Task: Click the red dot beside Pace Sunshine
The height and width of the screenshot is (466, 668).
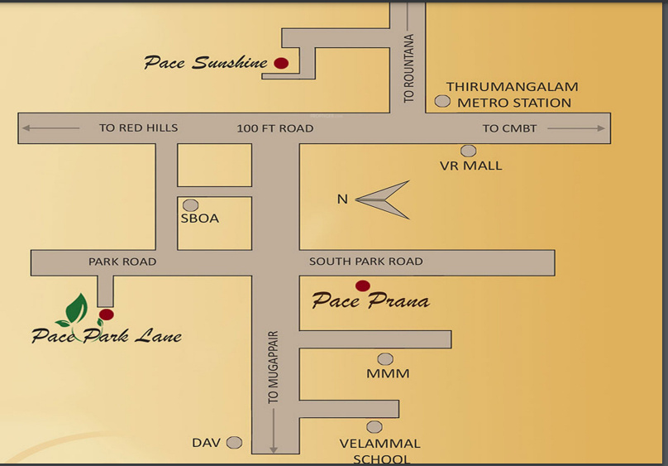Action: click(x=281, y=63)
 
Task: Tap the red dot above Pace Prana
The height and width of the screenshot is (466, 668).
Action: click(x=362, y=286)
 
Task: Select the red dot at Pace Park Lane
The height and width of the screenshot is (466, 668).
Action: click(x=106, y=315)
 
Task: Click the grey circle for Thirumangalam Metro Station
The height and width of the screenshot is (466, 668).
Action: click(x=442, y=101)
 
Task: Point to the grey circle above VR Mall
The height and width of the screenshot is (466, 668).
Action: click(x=469, y=151)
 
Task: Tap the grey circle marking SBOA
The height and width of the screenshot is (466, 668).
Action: click(x=191, y=204)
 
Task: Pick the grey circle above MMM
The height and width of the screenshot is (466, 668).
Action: click(x=385, y=358)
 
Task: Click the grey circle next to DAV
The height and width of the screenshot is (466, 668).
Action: click(x=235, y=443)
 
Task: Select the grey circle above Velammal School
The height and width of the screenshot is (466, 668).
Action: click(x=375, y=427)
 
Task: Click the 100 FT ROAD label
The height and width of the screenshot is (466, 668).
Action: click(x=274, y=128)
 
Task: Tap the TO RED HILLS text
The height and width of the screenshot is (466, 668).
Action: click(x=138, y=128)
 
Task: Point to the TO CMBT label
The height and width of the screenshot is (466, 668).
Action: click(x=509, y=128)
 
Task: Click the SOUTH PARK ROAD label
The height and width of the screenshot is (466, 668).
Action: click(x=365, y=262)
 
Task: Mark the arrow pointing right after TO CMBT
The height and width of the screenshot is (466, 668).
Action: click(x=576, y=128)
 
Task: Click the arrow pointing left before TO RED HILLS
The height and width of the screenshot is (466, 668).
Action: click(x=50, y=128)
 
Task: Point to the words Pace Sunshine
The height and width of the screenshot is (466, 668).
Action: click(x=206, y=63)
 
